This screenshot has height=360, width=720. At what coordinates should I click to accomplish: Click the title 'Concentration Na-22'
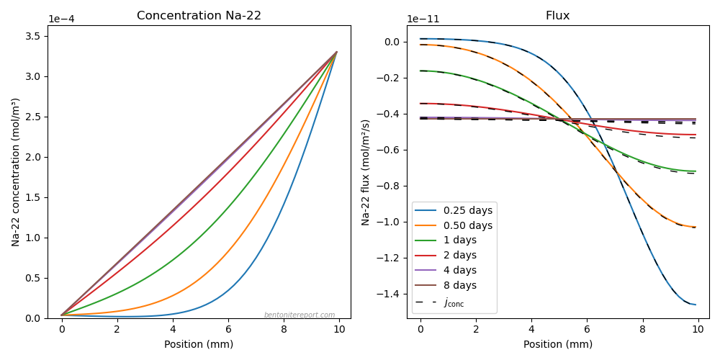click(199, 15)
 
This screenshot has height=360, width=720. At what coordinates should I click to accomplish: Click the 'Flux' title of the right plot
click(557, 15)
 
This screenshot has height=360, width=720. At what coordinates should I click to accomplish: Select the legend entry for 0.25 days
click(453, 211)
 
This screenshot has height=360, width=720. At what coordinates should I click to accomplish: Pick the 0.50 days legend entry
click(453, 225)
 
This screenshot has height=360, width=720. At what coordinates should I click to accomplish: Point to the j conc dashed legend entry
click(439, 302)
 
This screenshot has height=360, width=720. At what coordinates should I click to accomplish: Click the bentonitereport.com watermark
click(300, 315)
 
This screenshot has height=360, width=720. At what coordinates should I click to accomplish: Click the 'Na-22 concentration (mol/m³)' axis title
click(16, 172)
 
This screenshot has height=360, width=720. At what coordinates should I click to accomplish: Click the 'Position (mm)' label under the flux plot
click(557, 344)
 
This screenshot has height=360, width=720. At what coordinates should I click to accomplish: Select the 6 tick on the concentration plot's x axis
click(228, 329)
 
